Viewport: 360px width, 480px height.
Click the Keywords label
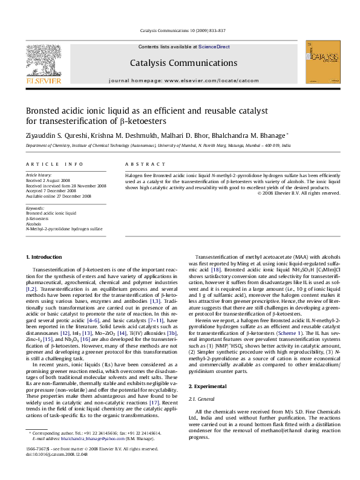[x=35, y=207]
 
